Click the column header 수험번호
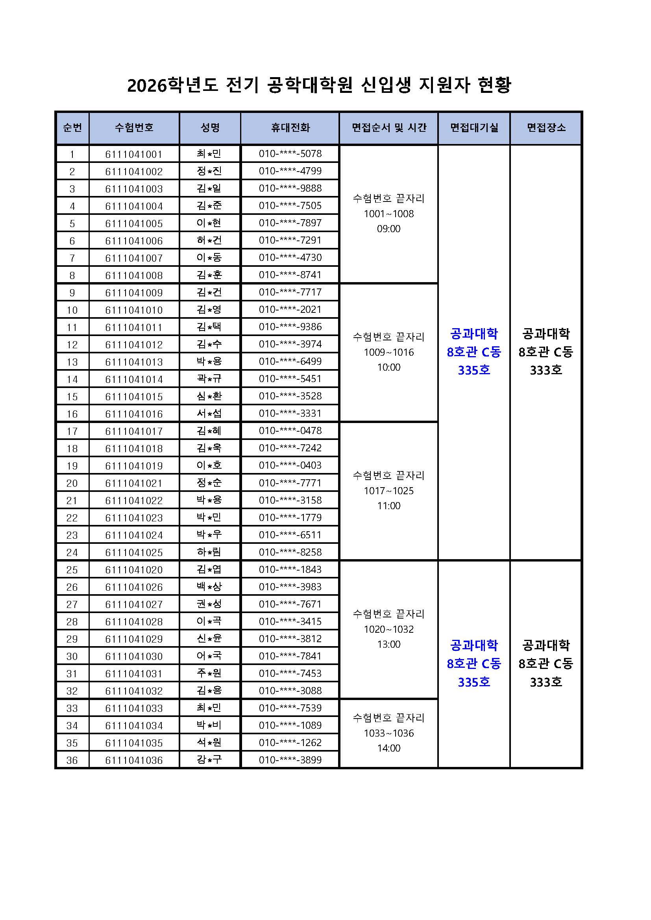(x=134, y=128)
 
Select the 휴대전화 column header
(x=290, y=128)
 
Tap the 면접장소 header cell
(x=546, y=128)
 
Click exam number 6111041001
(x=134, y=154)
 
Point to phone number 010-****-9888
(x=290, y=188)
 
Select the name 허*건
(x=209, y=240)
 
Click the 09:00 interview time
(x=388, y=229)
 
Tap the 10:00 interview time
(x=388, y=367)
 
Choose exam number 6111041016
(x=134, y=414)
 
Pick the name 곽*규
(x=209, y=379)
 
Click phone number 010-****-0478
(x=290, y=431)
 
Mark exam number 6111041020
(x=134, y=570)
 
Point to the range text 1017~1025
(x=388, y=491)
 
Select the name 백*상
(x=209, y=587)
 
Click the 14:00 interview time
(x=388, y=748)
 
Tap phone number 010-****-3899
(x=290, y=760)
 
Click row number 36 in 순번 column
(x=72, y=760)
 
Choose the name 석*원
(x=209, y=743)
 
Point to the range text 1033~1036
(x=388, y=733)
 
